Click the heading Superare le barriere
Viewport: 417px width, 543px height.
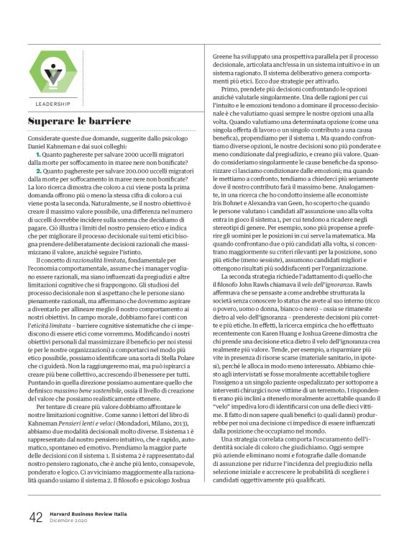(79, 122)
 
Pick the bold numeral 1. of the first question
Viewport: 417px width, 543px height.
(40, 156)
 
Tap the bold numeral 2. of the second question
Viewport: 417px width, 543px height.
(40, 172)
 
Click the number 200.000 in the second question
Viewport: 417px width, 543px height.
(134, 172)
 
